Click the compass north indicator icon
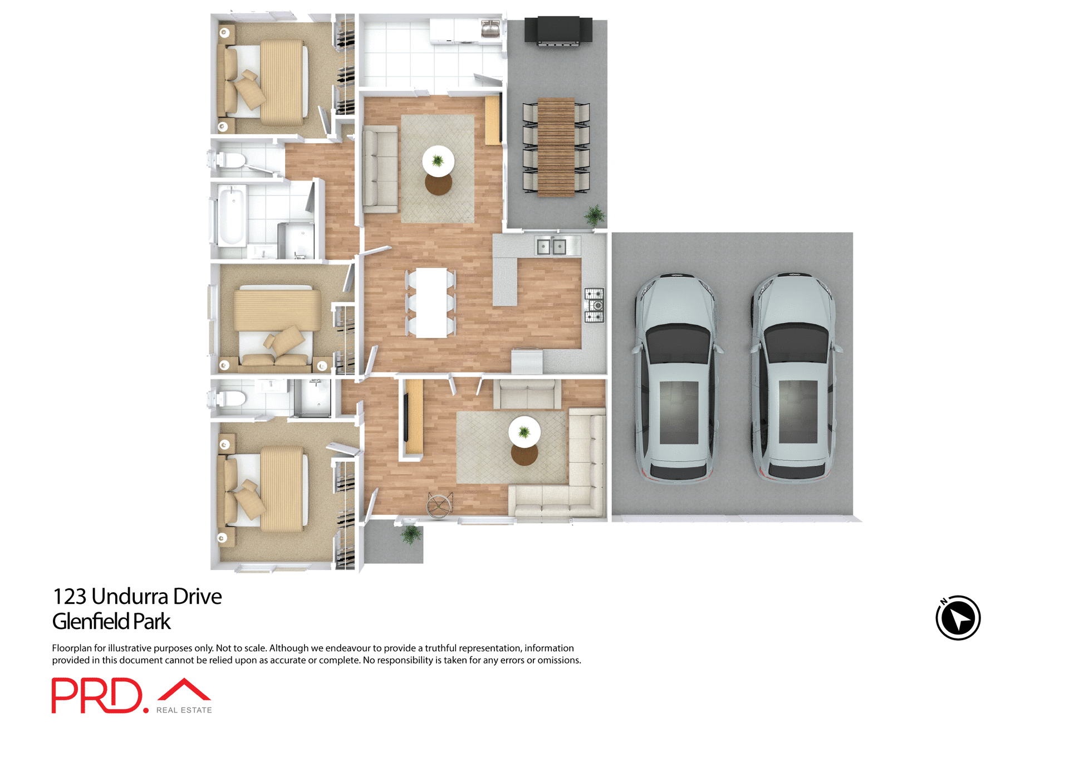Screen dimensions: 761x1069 [x=958, y=618]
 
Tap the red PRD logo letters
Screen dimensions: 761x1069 [x=97, y=695]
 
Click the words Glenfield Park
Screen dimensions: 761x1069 [x=111, y=622]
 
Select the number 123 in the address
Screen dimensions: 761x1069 [x=70, y=597]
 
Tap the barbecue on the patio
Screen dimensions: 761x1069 [x=558, y=31]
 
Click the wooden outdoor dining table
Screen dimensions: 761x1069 [x=556, y=147]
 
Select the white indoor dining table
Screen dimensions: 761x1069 [x=431, y=303]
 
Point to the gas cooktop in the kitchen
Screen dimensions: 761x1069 [x=594, y=305]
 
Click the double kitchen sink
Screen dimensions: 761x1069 [x=551, y=246]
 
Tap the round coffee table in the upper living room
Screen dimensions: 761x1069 [x=438, y=161]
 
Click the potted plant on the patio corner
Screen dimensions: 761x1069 [x=595, y=214]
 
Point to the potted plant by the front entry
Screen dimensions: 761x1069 [x=411, y=534]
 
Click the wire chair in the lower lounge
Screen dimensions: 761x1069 [x=439, y=505]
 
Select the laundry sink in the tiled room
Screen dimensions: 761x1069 [x=490, y=28]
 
